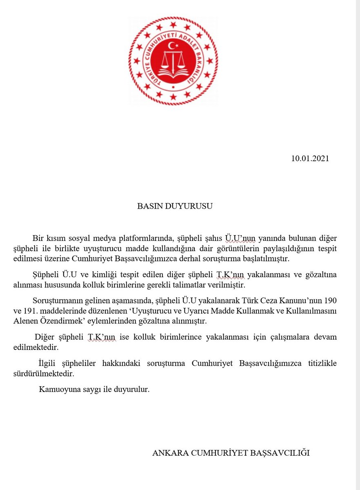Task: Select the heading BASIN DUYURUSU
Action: coord(175,206)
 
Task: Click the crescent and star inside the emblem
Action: coord(174,44)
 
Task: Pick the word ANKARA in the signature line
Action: coord(168,453)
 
